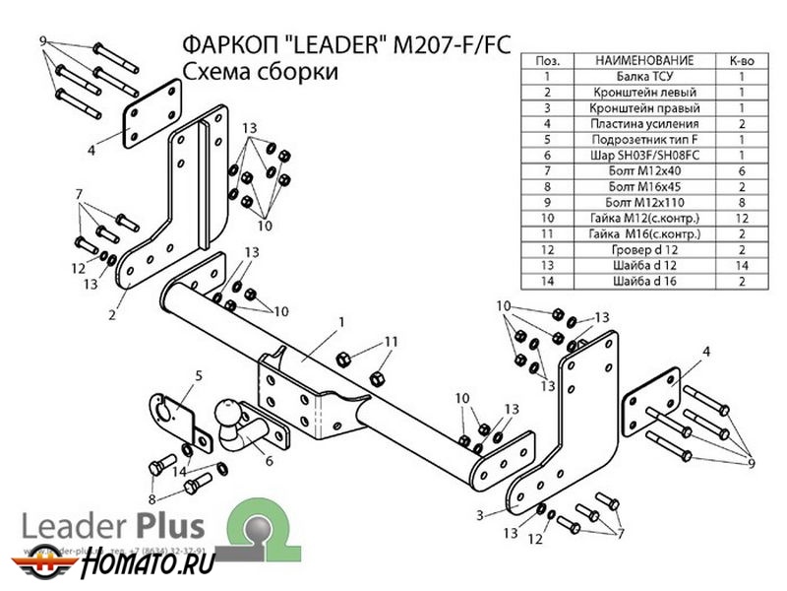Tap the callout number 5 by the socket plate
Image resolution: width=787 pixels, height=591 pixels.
point(198,374)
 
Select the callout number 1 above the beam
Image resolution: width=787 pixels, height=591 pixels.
point(341,322)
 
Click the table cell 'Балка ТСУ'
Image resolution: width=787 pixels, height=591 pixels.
point(645,76)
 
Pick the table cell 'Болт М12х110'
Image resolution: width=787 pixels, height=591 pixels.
point(645,202)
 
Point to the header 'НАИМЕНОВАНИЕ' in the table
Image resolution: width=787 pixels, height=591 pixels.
point(645,60)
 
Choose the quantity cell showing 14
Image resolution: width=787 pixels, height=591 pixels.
point(741,265)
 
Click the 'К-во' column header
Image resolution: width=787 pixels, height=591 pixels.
point(741,60)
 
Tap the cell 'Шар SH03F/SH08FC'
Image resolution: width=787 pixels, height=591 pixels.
point(645,155)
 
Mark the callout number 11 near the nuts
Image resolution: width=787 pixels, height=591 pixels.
point(391,342)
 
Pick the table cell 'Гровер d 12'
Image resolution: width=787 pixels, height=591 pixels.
point(645,249)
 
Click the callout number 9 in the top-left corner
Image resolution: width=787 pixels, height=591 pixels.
point(43,40)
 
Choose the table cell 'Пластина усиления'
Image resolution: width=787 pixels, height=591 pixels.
point(645,123)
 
